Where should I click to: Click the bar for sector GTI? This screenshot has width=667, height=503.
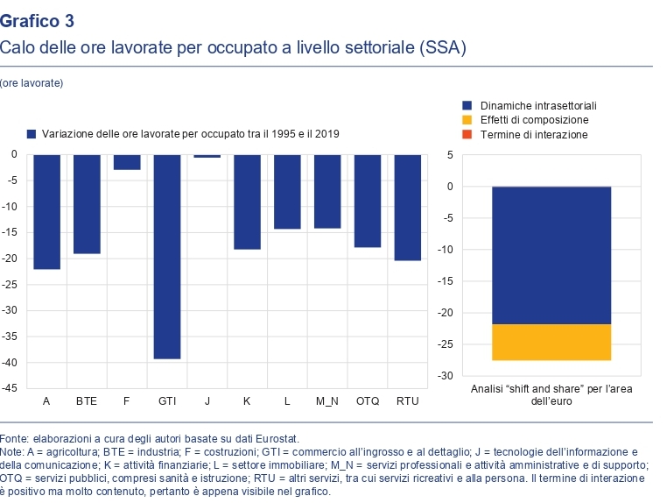tap(167, 256)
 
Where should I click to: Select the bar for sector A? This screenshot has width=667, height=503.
tap(46, 211)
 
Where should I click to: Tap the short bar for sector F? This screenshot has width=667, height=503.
tap(127, 162)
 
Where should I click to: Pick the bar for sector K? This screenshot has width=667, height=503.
tap(247, 202)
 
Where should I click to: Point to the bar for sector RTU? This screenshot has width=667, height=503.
tap(407, 207)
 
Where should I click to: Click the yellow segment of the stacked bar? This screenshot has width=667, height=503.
tap(551, 342)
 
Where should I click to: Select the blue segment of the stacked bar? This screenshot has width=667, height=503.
tap(551, 255)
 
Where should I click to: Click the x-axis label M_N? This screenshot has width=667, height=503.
tap(327, 401)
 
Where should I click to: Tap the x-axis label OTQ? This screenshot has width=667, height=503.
tap(367, 401)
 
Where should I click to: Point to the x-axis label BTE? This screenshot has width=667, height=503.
tap(87, 401)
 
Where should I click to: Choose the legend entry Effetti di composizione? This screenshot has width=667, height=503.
tap(533, 119)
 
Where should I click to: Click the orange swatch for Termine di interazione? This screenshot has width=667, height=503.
tap(467, 134)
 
